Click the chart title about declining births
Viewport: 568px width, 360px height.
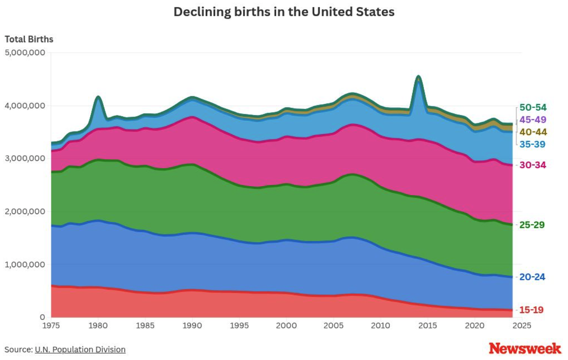[x=284, y=12]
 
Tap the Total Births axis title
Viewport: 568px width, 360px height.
[x=29, y=39]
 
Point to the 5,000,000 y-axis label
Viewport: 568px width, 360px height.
[x=25, y=53]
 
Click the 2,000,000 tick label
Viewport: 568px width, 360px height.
[x=25, y=212]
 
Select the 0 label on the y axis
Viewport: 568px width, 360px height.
[x=42, y=317]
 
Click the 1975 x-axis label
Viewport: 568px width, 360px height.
[x=51, y=326]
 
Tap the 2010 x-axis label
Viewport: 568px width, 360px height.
[x=380, y=326]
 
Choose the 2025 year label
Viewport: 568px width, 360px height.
[x=521, y=326]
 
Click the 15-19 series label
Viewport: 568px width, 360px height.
[x=531, y=310]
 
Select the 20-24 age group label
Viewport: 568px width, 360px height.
[x=532, y=277]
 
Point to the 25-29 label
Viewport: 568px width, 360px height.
[x=532, y=225]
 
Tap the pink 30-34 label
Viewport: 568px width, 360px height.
[x=533, y=165]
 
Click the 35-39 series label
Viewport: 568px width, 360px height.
[x=532, y=144]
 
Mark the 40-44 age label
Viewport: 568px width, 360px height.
[x=533, y=132]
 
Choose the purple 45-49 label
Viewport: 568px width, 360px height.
[x=533, y=120]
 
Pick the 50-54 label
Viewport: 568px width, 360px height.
[x=533, y=107]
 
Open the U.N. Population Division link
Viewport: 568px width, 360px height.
[x=80, y=349]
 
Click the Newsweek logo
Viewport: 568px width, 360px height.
[x=525, y=348]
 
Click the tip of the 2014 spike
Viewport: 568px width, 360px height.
[x=419, y=76]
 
